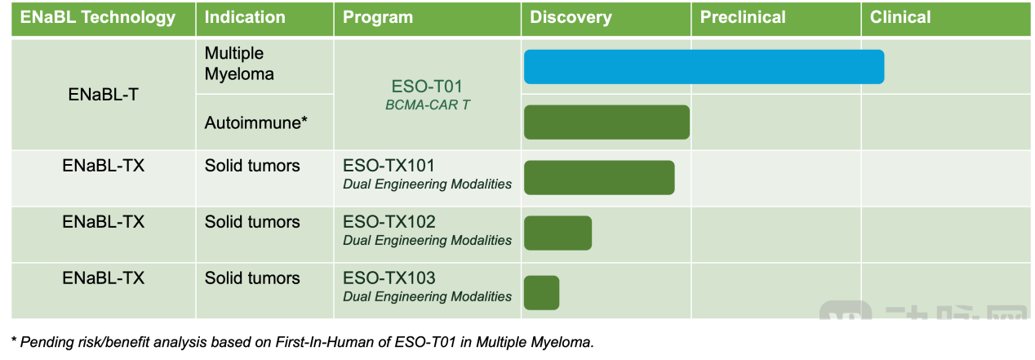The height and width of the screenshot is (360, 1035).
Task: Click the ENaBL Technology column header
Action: click(97, 18)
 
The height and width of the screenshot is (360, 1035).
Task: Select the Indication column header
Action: click(245, 18)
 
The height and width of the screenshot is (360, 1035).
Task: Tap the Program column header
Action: click(377, 18)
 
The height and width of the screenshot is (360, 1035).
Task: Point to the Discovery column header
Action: click(571, 18)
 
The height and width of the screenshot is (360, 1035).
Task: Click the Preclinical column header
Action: click(743, 18)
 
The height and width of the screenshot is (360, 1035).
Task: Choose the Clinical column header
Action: click(900, 18)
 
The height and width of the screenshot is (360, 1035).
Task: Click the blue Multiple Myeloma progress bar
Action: click(704, 67)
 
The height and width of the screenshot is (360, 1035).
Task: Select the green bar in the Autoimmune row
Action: click(606, 122)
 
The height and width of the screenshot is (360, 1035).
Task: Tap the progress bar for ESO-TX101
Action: click(599, 177)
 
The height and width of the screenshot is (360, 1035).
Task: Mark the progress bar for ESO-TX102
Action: click(557, 233)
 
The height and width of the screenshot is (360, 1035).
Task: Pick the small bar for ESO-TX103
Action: click(541, 292)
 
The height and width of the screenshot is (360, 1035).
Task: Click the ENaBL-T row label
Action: click(103, 95)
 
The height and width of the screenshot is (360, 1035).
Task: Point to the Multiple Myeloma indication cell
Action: click(239, 64)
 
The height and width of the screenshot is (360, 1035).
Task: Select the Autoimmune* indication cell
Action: click(256, 123)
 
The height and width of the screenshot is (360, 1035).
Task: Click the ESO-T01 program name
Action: click(427, 87)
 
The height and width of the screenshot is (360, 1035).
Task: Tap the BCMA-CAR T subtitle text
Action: click(428, 105)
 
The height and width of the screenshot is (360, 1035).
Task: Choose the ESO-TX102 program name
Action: click(389, 222)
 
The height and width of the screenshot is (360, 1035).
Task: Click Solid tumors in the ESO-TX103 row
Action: click(252, 278)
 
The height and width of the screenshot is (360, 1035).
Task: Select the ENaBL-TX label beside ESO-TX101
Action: click(103, 166)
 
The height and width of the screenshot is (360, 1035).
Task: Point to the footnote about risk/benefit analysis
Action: click(303, 342)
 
